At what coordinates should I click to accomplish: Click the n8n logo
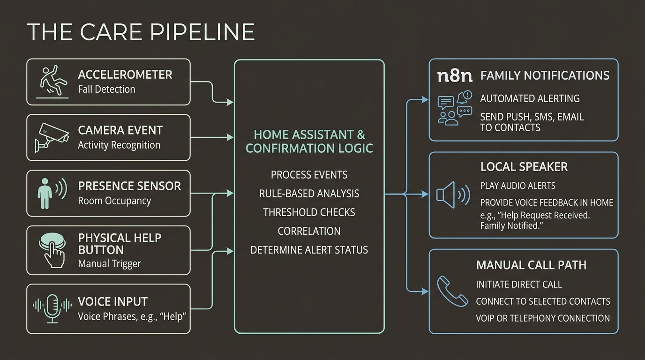455,76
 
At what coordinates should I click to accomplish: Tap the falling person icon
52,81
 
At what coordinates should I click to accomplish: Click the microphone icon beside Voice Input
52,308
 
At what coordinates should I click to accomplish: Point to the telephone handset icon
452,291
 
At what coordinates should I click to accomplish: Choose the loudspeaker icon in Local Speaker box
453,195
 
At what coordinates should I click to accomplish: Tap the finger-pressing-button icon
52,250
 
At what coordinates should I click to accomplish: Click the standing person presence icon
52,193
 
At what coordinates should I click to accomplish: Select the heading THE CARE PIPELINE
141,32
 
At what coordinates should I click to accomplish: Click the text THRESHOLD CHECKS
309,212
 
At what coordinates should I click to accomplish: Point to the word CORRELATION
309,231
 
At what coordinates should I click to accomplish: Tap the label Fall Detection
106,89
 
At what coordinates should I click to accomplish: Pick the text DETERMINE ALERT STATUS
309,250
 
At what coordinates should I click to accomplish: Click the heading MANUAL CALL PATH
531,265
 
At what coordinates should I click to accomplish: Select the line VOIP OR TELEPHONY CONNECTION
543,318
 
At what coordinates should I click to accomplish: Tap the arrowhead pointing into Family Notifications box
425,100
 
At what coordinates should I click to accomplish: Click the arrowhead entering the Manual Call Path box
425,292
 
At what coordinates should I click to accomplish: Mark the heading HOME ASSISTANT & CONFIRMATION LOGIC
309,142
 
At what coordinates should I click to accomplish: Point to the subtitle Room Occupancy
114,201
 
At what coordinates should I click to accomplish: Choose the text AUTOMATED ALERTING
530,98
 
